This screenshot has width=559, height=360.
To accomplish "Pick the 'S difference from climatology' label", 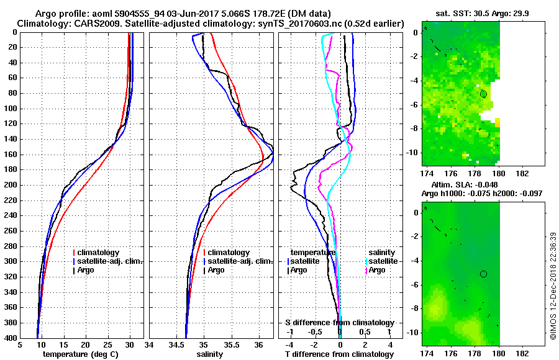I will coord(339,323).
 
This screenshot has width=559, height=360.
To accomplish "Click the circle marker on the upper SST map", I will coord(483,94).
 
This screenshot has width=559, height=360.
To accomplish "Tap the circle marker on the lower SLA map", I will coord(483,274).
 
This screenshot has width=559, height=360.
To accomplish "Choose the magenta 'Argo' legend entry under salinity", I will coord(377,270).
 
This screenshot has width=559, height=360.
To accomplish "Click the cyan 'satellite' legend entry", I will coord(384,261).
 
